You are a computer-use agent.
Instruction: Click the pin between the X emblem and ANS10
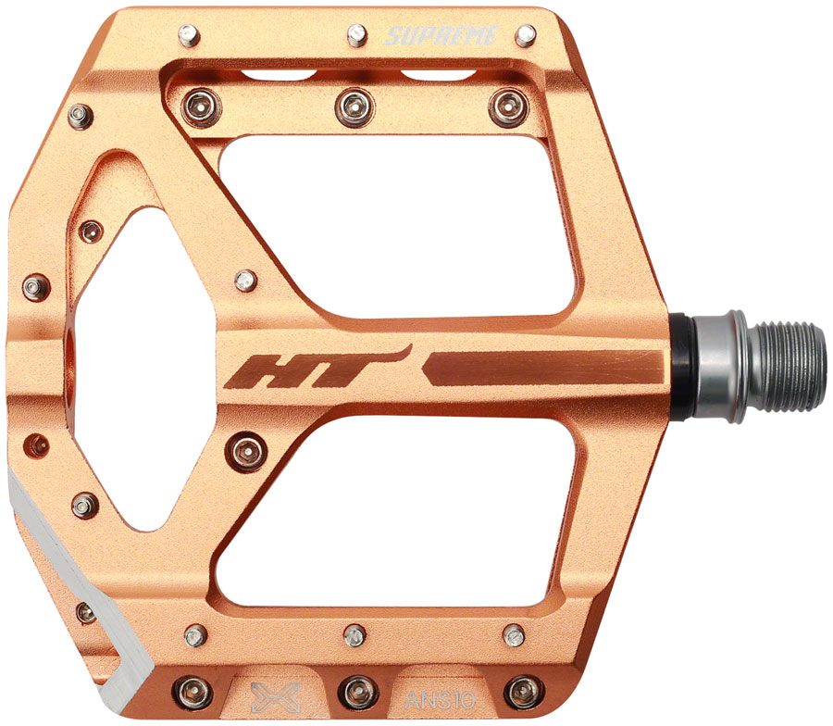pyautogui.click(x=355, y=690)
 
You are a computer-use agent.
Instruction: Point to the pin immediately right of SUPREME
pyautogui.click(x=525, y=36)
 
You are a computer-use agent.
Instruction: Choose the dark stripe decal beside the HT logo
pyautogui.click(x=544, y=368)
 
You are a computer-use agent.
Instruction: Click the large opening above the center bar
pyautogui.click(x=398, y=227)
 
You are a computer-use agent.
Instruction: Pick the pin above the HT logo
pyautogui.click(x=245, y=280)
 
